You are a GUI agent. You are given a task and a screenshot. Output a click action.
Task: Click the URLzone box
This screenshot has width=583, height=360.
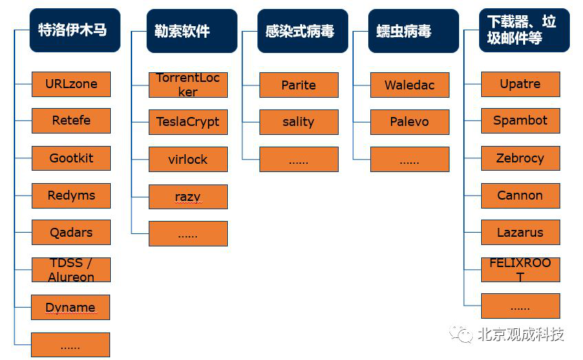71,85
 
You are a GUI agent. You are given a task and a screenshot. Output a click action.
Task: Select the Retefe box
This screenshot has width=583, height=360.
71,121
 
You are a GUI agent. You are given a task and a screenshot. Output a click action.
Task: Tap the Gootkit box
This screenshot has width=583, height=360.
71,158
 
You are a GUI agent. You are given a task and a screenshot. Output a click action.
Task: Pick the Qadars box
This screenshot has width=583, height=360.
71,233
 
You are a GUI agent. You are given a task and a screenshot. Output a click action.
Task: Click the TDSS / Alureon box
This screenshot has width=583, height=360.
71,270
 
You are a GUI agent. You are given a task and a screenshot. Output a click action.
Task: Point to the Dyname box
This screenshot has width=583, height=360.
70,307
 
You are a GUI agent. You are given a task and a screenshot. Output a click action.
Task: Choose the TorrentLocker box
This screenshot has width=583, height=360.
188,85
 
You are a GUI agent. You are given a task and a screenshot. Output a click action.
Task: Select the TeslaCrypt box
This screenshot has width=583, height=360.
188,122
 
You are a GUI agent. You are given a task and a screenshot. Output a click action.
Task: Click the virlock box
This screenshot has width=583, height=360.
188,159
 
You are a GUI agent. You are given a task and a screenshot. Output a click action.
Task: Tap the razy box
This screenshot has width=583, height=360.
188,197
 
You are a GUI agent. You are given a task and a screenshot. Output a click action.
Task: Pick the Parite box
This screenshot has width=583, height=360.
299,85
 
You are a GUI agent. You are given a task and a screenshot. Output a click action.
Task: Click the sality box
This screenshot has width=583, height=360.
299,122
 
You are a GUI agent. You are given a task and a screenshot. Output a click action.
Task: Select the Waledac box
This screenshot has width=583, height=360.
410,85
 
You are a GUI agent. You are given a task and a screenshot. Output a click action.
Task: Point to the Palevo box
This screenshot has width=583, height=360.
410,122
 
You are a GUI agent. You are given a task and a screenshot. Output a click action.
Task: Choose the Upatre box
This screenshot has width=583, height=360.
520,85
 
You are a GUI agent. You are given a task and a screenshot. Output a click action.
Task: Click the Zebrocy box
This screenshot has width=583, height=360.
520,158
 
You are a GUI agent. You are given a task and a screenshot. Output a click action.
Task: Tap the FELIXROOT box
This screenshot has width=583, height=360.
520,270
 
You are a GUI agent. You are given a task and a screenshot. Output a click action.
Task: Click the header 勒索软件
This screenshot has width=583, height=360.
192,31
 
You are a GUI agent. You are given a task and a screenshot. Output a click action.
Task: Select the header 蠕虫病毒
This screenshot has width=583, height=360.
414,31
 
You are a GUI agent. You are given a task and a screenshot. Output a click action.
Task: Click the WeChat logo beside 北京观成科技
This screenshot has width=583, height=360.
461,335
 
